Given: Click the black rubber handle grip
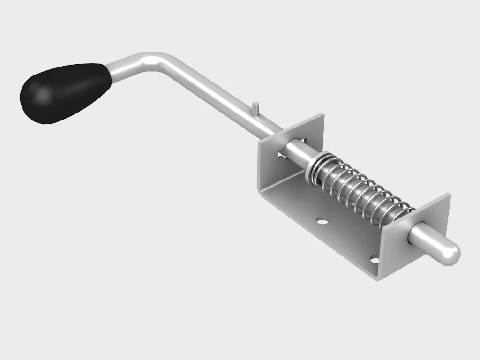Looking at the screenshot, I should (x=66, y=92).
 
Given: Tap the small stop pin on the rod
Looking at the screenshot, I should (x=255, y=107).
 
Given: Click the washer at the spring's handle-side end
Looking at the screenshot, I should (x=313, y=167).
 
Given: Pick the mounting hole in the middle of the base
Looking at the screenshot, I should (x=322, y=220).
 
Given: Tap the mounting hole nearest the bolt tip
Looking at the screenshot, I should (x=375, y=258).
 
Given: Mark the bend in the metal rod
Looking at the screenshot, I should (x=157, y=61).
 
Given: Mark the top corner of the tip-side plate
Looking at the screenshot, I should (x=449, y=194).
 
